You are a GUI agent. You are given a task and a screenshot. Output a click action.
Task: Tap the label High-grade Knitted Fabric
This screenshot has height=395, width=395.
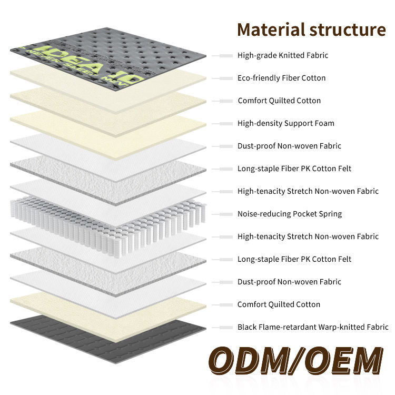(283, 55)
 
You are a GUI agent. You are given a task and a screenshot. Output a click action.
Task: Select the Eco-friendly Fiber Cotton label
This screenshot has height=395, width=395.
(281, 78)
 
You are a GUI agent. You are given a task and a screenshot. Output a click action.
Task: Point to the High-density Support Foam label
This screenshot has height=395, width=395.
(286, 123)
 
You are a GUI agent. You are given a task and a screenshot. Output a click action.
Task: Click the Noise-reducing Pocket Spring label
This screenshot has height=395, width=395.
(290, 214)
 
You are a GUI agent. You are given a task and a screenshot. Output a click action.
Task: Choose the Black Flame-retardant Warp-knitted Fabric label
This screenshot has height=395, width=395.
(313, 327)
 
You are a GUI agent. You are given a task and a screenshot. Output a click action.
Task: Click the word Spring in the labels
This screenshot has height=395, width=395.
(330, 214)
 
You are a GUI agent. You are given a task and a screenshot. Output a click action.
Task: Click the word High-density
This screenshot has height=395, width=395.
(260, 123)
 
